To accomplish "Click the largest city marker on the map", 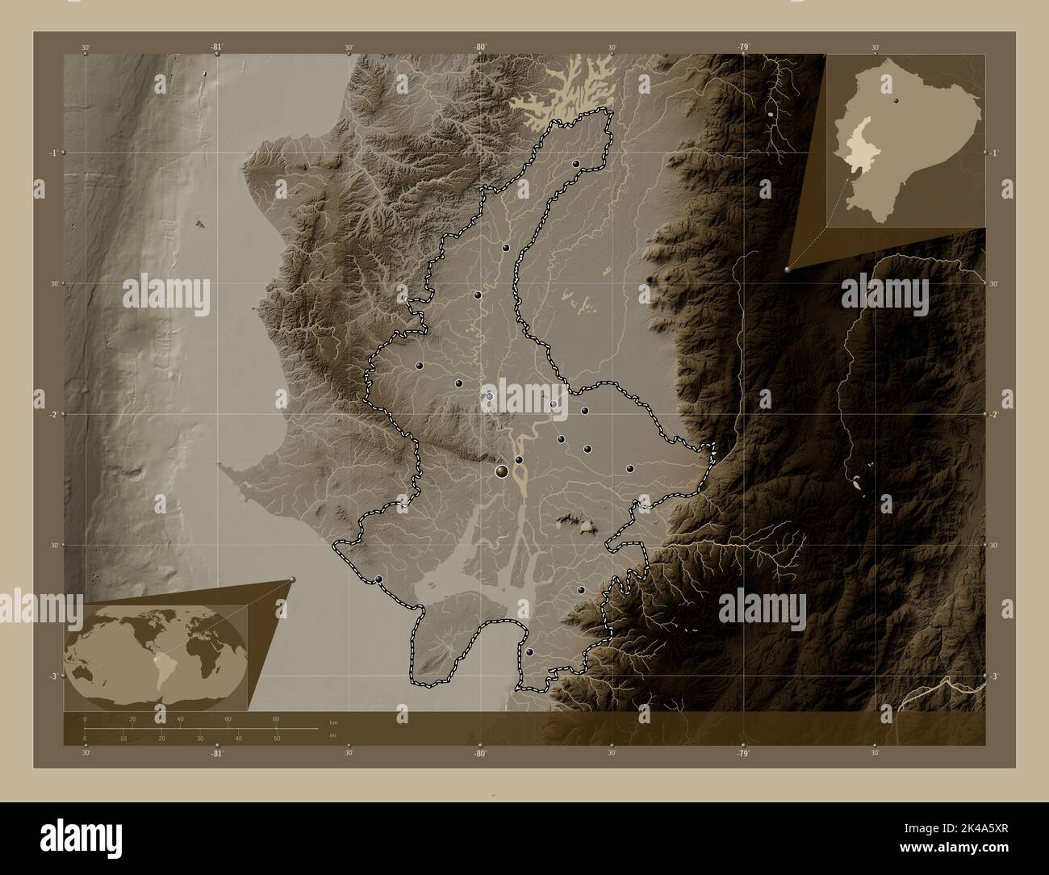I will [502, 471].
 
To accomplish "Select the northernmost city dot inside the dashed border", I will [576, 164].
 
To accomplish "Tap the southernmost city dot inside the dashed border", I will [529, 652].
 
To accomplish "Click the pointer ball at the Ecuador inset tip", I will [788, 270].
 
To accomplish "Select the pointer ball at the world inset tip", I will [292, 580].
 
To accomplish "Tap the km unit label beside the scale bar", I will [333, 721].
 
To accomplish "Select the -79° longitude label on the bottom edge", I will [742, 753].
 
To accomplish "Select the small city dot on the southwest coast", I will [378, 579].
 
